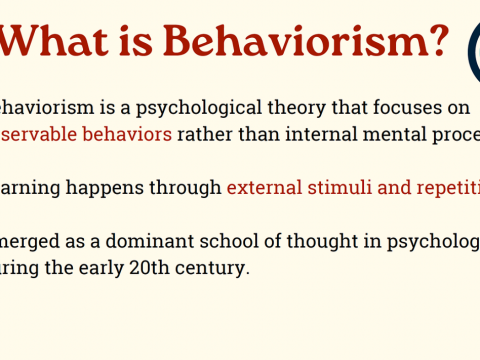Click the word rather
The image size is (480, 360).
204,133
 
